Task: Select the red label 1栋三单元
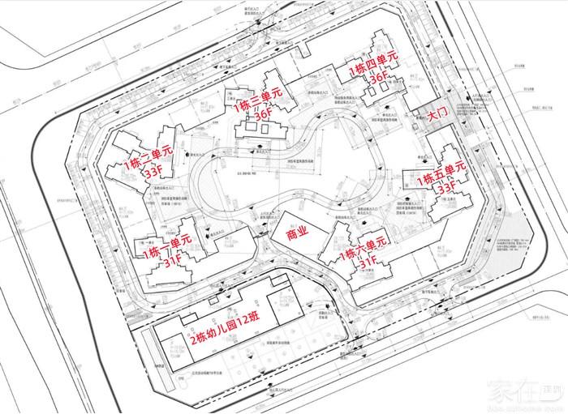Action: pos(258,100)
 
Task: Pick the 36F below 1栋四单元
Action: pos(379,81)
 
